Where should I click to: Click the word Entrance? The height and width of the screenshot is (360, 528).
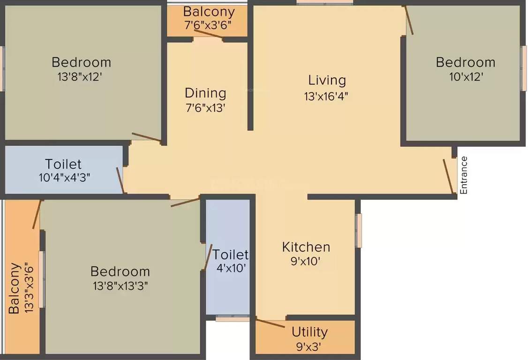point(464,175)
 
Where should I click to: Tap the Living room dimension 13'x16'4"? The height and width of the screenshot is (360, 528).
point(326,96)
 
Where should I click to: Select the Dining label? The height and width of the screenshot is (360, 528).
point(205,93)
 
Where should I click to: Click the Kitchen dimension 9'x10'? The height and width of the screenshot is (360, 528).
point(306,262)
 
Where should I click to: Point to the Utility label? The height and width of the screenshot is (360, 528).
point(309,332)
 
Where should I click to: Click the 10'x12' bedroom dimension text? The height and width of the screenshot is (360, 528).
point(465,76)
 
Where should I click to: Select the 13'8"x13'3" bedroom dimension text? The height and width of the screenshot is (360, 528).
point(121,286)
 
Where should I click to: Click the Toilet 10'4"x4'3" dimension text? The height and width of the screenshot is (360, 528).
point(64,178)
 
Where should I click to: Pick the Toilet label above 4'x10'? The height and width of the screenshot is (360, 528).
point(230,255)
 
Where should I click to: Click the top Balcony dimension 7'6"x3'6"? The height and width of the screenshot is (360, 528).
point(208,25)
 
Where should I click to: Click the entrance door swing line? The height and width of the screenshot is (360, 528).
point(448,176)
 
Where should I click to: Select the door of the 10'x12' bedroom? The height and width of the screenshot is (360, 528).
point(409,21)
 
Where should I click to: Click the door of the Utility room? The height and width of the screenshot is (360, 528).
point(271,323)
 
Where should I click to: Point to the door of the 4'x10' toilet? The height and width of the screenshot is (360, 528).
point(208,257)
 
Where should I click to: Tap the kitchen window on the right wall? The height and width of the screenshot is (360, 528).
point(359,230)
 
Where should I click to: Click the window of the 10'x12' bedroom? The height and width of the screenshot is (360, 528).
point(523,68)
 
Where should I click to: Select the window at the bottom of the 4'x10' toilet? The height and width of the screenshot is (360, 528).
point(233,318)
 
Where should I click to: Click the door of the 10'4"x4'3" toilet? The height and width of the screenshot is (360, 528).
point(121,180)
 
